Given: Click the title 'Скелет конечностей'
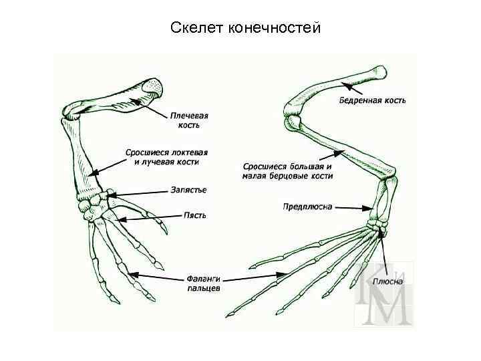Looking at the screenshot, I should click(x=246, y=28).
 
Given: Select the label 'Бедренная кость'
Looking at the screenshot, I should click(x=372, y=100).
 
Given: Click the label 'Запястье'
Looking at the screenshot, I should click(x=188, y=190).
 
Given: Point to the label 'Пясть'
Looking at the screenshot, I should click(x=195, y=215).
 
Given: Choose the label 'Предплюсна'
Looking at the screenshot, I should click(x=307, y=207).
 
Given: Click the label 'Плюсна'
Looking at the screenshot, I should click(x=387, y=281).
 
